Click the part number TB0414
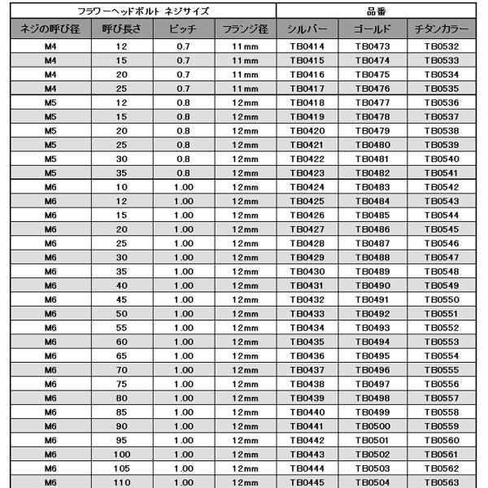(307, 46)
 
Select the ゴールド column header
(373, 29)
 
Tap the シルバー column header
(307, 29)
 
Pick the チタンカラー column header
(442, 29)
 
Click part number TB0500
(373, 426)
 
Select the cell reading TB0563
(442, 482)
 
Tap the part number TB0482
(373, 172)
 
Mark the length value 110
(122, 482)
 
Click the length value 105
(122, 468)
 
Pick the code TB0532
(442, 46)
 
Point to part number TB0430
(307, 271)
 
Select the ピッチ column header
(182, 29)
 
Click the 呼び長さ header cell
(122, 29)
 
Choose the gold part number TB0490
(373, 285)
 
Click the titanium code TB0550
(442, 299)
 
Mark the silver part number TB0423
(307, 172)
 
